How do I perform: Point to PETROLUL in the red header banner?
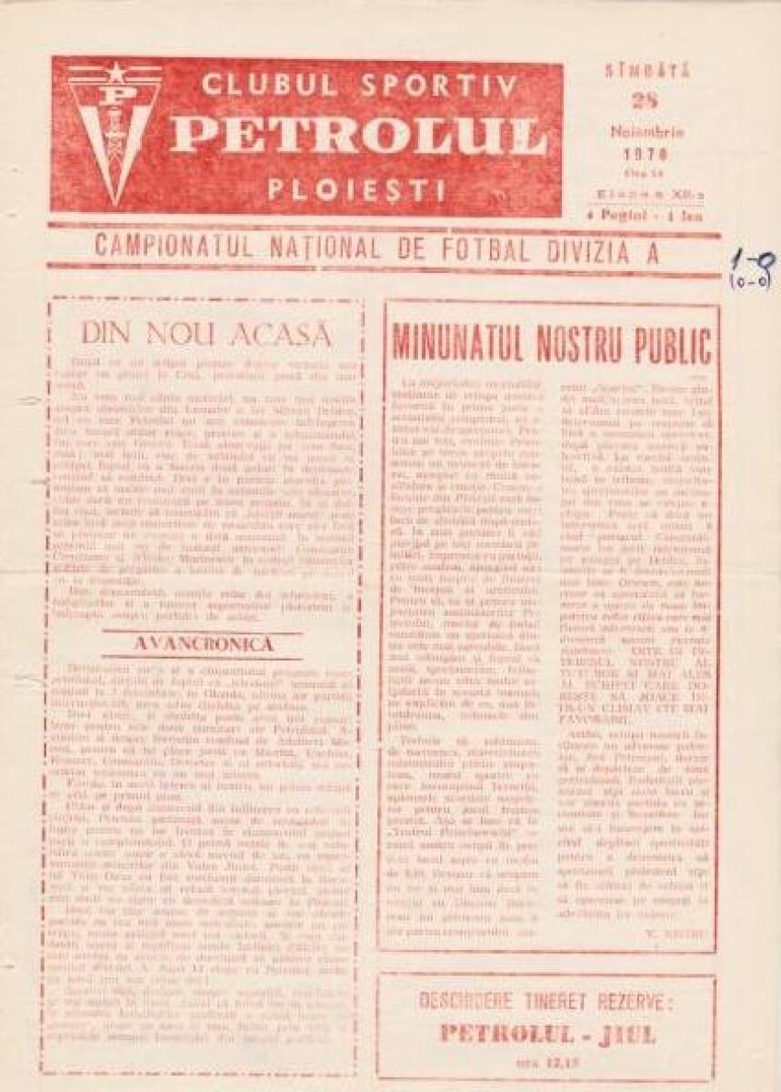[358, 136]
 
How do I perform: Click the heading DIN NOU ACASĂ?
[205, 334]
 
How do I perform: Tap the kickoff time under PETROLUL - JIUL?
[546, 1059]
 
